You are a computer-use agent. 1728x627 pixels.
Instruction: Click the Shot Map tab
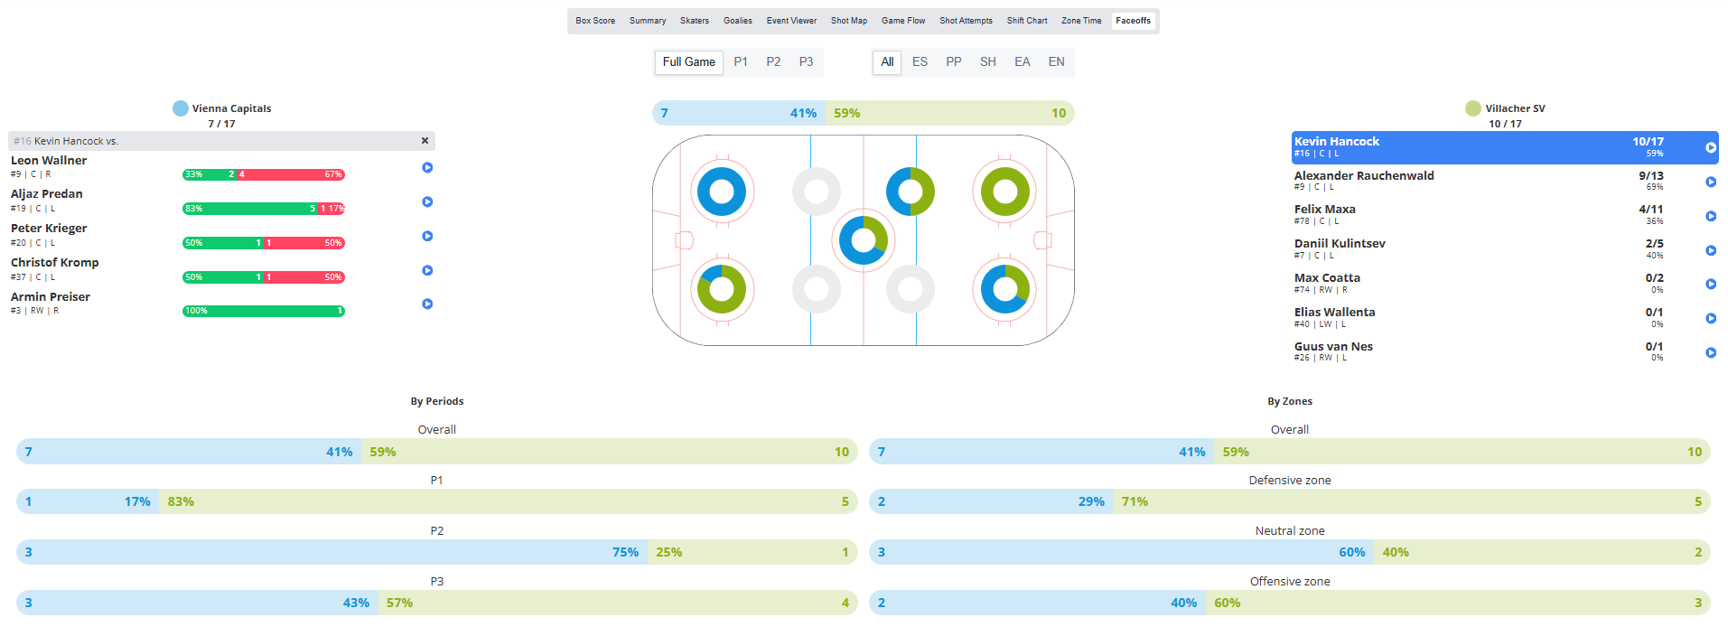[x=848, y=21]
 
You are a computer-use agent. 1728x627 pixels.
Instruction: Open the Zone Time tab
[x=1080, y=21]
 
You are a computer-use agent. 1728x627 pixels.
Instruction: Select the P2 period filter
[x=773, y=62]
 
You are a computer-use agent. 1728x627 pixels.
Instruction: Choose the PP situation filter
[x=953, y=62]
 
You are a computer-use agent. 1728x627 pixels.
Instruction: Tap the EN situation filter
[x=1056, y=62]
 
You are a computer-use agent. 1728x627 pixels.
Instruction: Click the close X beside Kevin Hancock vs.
[x=425, y=141]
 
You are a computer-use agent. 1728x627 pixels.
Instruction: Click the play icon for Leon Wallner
[x=427, y=168]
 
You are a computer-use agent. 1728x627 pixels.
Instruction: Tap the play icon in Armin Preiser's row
[x=427, y=304]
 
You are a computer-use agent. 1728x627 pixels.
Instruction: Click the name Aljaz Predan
[x=47, y=194]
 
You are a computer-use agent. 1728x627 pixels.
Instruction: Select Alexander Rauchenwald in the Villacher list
[x=1363, y=176]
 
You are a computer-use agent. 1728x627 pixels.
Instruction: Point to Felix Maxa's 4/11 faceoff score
[x=1650, y=210]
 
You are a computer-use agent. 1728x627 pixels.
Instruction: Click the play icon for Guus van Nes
[x=1710, y=353]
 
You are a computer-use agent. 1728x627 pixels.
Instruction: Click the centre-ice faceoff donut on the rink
[x=863, y=240]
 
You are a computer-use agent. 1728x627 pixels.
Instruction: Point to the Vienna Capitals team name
[x=231, y=108]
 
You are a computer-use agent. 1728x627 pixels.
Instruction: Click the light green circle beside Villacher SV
[x=1472, y=108]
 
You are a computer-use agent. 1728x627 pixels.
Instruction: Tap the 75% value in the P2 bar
[x=625, y=552]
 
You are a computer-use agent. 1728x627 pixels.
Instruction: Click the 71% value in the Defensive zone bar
[x=1134, y=501]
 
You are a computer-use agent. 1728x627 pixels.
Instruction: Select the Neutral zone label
[x=1289, y=531]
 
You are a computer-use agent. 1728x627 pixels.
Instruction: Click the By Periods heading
[x=436, y=401]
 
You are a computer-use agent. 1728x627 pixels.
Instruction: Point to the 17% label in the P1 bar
[x=137, y=501]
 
